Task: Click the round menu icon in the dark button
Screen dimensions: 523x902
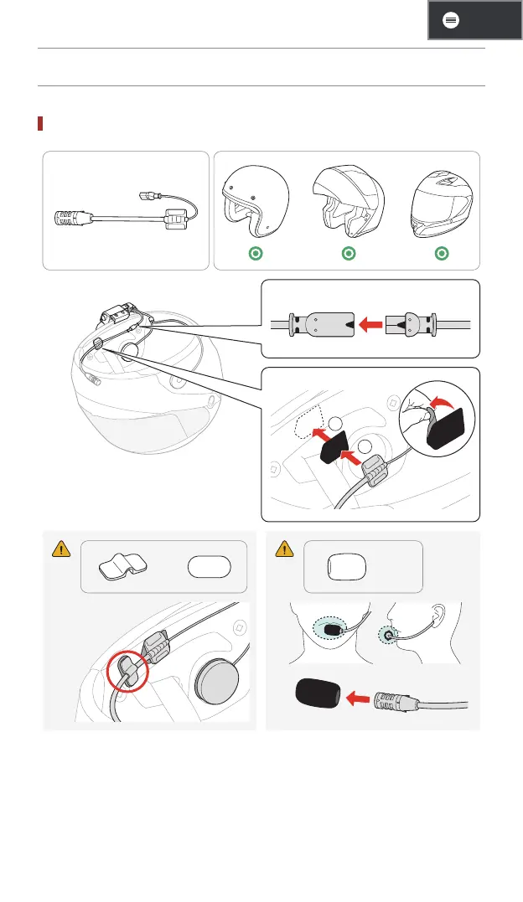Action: coord(450,21)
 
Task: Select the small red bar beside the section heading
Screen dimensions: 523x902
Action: coord(40,124)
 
